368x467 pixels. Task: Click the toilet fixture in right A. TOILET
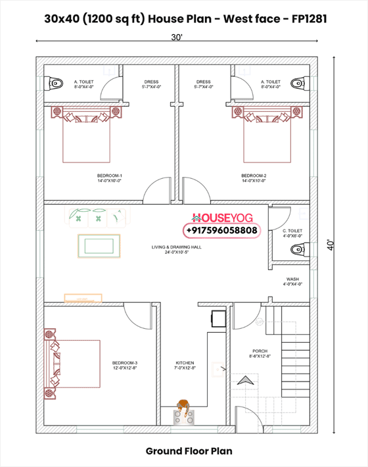point(300,82)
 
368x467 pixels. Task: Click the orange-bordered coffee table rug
point(99,246)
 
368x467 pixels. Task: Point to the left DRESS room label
point(150,84)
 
